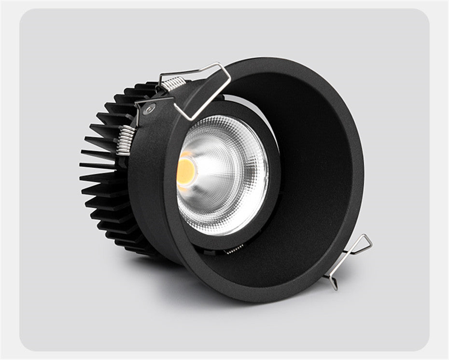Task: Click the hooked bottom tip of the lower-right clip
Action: tap(334, 286)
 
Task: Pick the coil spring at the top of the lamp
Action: tap(172, 85)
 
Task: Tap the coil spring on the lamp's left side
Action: tap(125, 140)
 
